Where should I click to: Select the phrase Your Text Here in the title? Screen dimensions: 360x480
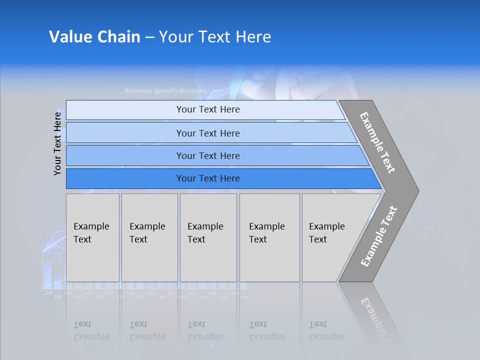215,37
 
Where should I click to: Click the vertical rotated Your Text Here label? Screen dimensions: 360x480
57,143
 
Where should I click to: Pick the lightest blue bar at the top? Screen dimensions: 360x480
207,109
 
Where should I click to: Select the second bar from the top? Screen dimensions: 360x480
207,133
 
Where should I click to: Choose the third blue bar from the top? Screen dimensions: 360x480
207,155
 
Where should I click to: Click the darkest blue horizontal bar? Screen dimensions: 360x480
207,178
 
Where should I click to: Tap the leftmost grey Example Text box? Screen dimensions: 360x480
92,237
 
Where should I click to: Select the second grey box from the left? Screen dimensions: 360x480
149,237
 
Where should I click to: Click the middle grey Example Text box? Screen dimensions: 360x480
208,237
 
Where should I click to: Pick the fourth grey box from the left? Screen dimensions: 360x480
269,237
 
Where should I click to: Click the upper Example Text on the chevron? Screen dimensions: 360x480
377,142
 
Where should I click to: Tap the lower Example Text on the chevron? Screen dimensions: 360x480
379,236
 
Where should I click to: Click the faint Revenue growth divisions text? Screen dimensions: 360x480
165,91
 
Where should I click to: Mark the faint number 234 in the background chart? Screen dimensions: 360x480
47,292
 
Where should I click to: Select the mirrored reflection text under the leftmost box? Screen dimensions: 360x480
91,330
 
